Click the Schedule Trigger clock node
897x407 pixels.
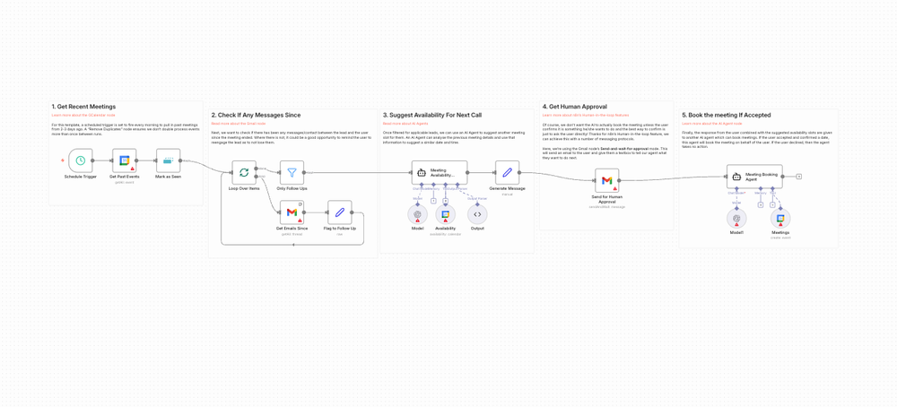[80, 160]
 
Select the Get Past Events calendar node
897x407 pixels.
[125, 160]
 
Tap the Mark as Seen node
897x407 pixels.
[168, 160]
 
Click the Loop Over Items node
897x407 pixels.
[244, 173]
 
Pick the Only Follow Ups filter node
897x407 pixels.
[292, 173]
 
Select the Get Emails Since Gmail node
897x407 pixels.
[292, 212]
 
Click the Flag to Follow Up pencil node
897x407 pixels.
[339, 212]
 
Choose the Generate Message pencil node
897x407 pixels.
[507, 172]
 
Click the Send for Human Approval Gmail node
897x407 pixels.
[606, 180]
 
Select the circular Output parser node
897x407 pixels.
[477, 214]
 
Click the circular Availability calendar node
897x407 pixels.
[445, 214]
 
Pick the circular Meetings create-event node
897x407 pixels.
[780, 218]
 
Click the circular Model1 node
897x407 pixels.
[736, 218]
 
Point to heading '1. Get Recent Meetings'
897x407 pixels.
[83, 107]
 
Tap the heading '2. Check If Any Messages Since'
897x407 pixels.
[256, 115]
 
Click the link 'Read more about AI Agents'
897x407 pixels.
[405, 124]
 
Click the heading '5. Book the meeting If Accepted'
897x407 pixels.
[726, 115]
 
